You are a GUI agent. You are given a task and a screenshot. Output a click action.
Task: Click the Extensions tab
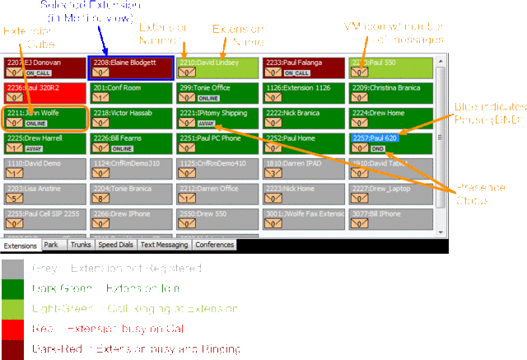click(x=20, y=245)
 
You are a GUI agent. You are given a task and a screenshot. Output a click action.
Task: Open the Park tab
click(x=51, y=245)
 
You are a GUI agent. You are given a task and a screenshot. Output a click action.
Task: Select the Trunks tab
click(x=81, y=245)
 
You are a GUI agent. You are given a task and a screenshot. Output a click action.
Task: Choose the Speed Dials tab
click(x=115, y=245)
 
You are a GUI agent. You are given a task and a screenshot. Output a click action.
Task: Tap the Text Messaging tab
click(x=165, y=245)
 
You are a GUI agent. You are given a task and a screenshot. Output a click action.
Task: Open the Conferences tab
click(x=214, y=245)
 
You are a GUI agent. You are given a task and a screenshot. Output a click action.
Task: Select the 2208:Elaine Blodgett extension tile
click(x=131, y=68)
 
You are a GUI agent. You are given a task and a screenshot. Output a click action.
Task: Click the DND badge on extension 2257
click(x=378, y=148)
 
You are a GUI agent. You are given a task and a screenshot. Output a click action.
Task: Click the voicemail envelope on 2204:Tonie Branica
click(x=100, y=199)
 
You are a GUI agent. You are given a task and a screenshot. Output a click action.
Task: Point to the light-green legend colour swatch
click(x=12, y=309)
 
